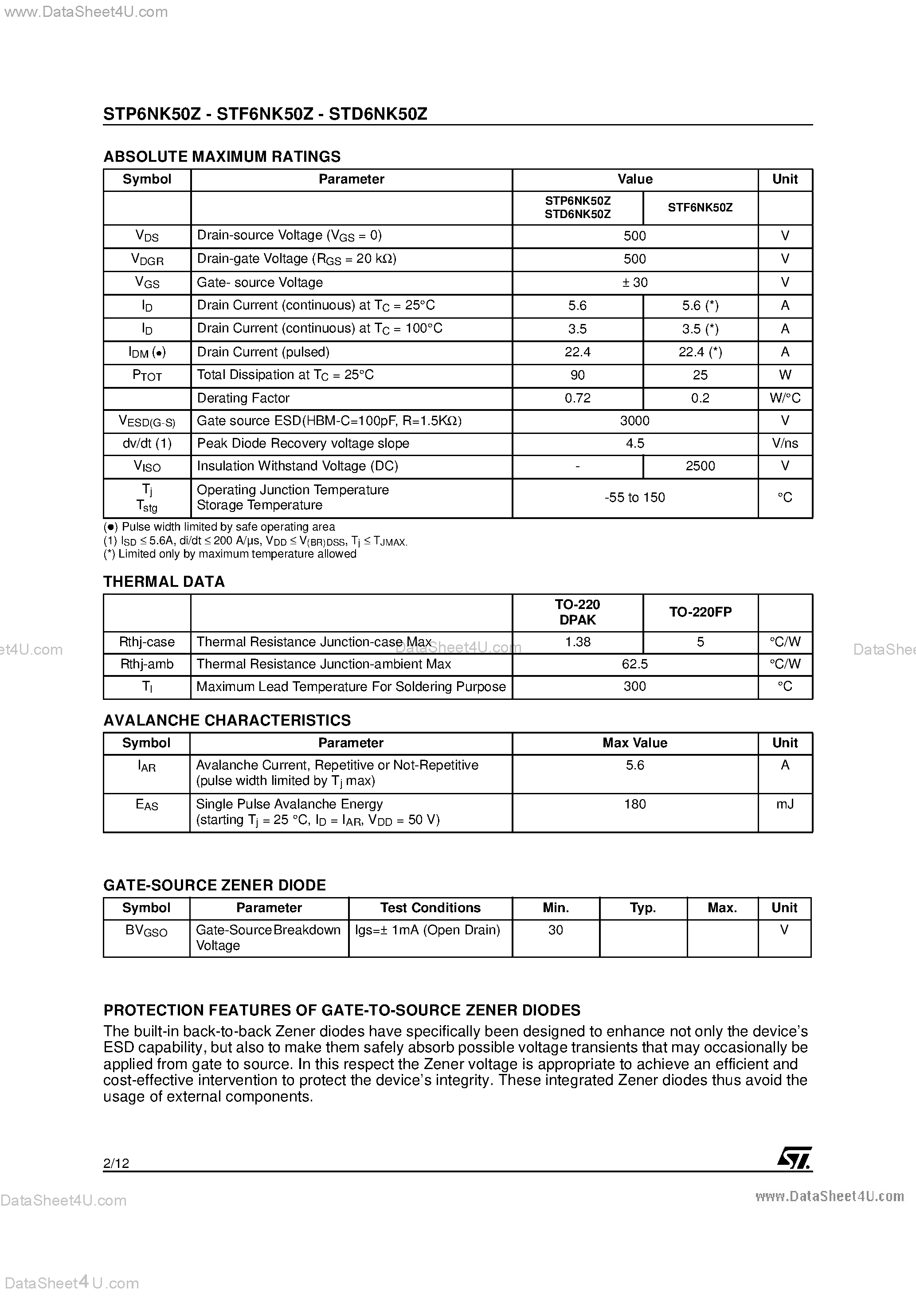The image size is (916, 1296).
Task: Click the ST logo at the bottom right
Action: (794, 1158)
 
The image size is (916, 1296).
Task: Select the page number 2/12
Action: (116, 1163)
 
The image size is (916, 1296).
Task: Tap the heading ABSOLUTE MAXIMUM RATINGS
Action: (222, 156)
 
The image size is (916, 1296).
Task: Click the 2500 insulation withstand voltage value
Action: (700, 466)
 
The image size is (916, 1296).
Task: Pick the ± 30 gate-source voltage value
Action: (635, 282)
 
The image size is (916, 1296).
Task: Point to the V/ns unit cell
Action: (784, 443)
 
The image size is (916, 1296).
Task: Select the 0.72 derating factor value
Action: (577, 398)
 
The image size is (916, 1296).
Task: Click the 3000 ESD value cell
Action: (635, 421)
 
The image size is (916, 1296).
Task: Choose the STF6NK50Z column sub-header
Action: (700, 207)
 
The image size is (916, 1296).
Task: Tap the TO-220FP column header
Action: (700, 612)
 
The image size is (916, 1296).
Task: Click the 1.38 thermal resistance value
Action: (577, 642)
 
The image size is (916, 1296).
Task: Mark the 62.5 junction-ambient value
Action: (635, 664)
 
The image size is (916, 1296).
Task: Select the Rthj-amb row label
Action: (147, 664)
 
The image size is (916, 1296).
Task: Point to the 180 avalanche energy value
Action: (635, 804)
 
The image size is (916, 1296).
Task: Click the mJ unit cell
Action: (784, 804)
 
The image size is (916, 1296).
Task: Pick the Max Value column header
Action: (635, 743)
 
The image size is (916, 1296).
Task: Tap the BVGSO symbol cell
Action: (146, 931)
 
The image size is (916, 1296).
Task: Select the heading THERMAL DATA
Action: (164, 582)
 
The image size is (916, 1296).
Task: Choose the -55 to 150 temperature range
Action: (635, 497)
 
